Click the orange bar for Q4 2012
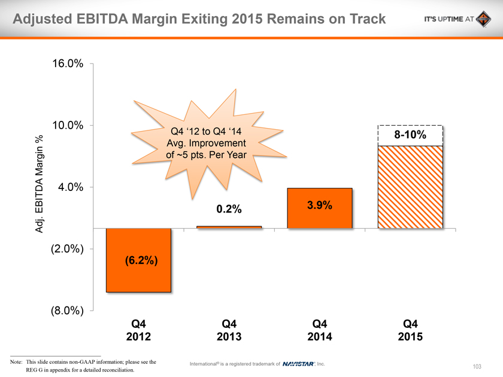(138, 281)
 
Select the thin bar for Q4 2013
(229, 227)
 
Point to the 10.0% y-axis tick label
(67, 126)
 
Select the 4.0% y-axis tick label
(70, 187)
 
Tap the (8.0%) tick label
(65, 311)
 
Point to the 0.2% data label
(229, 209)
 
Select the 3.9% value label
(319, 205)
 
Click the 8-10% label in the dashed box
(410, 135)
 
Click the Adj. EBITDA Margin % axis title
(40, 183)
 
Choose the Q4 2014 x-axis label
(320, 330)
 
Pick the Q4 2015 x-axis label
(410, 330)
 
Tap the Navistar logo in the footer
(298, 363)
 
